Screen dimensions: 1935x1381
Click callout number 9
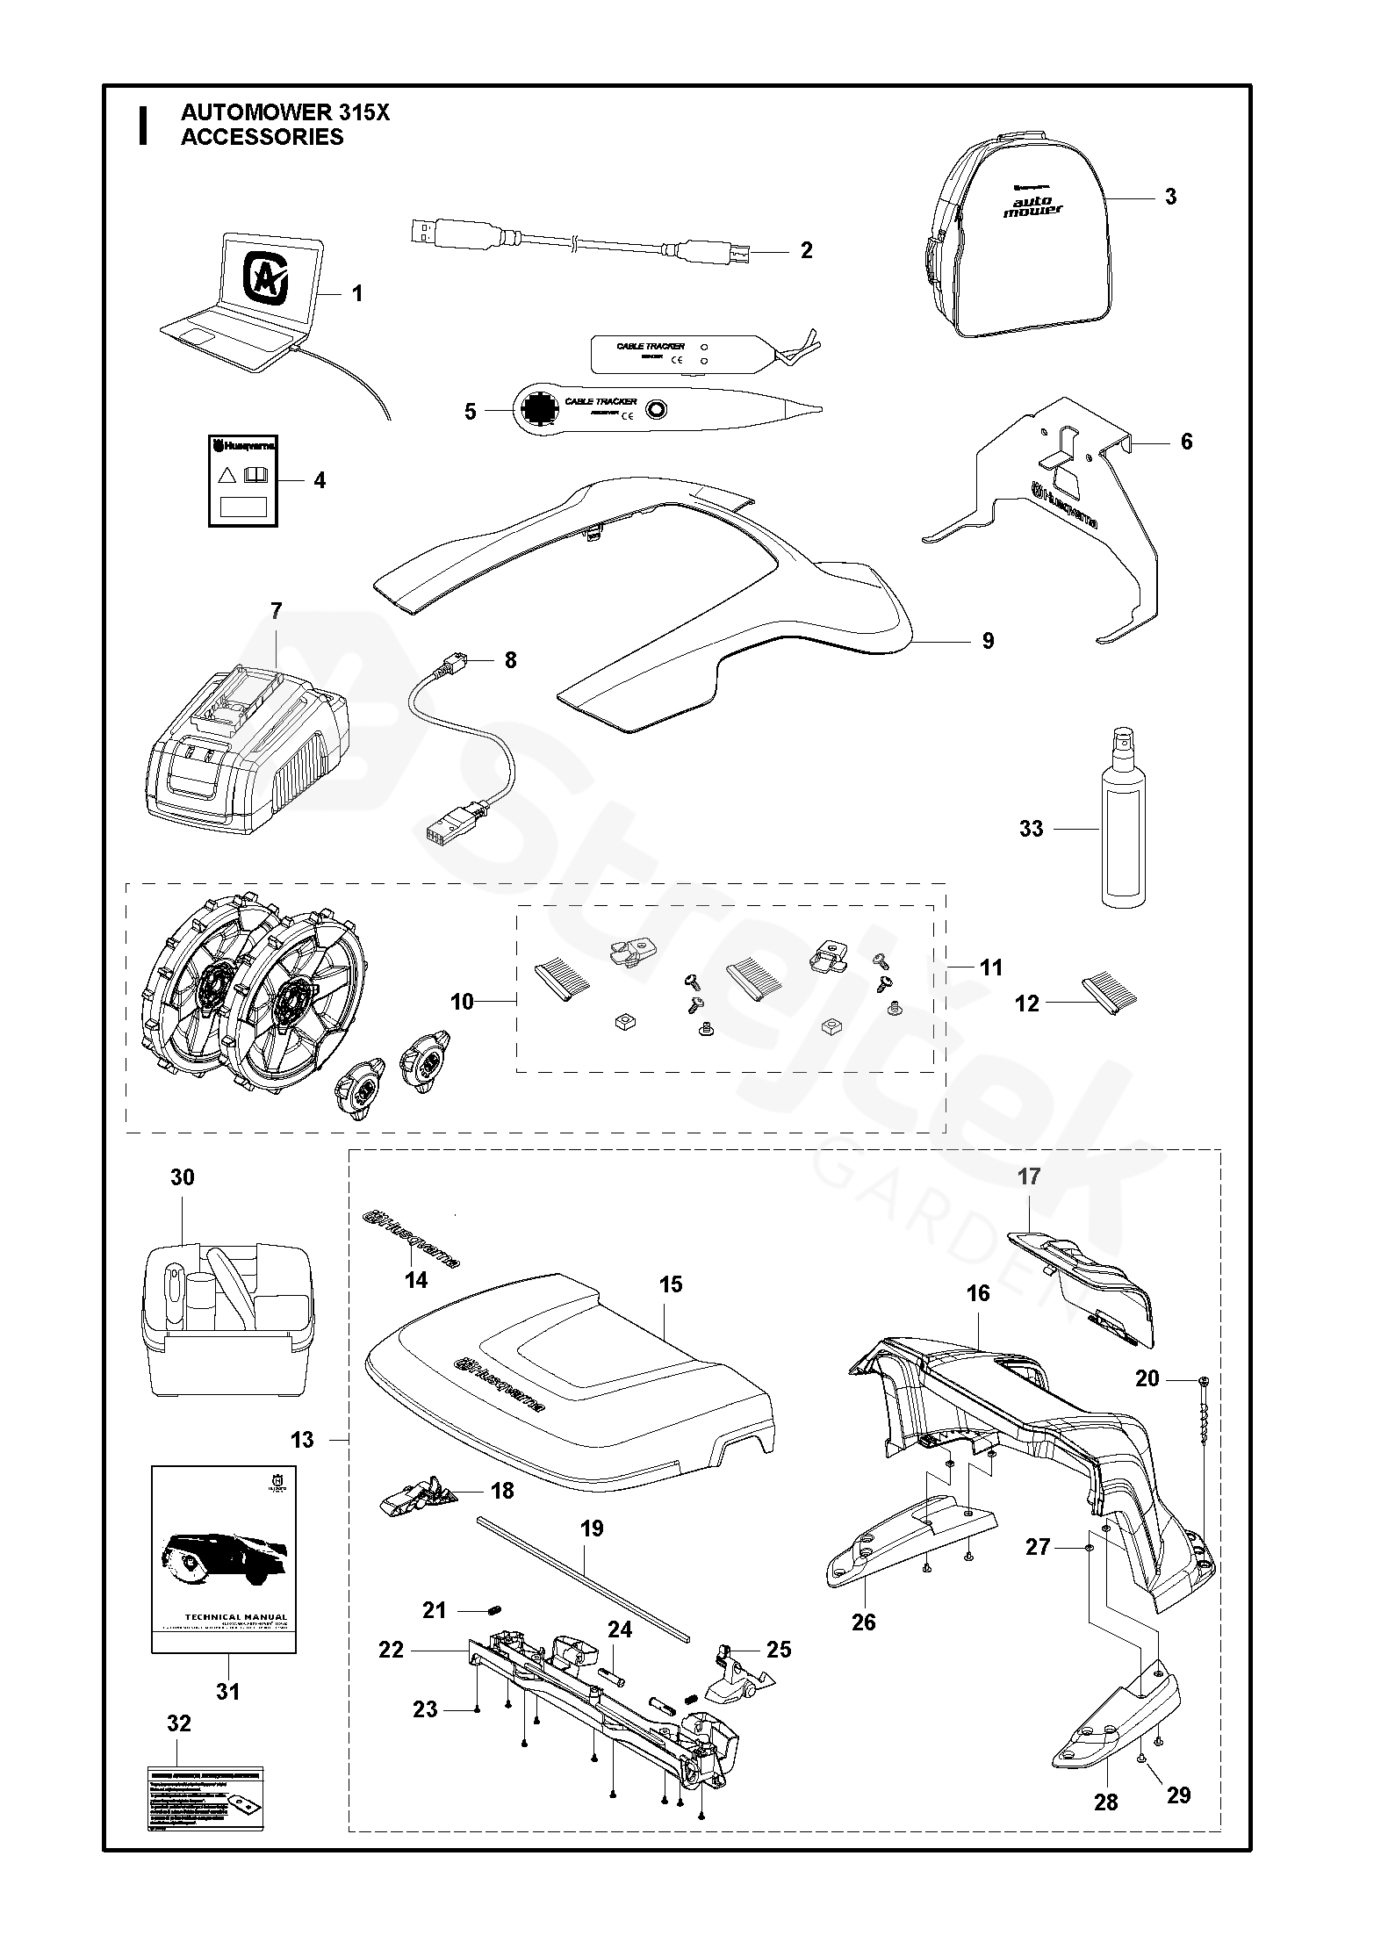pyautogui.click(x=988, y=641)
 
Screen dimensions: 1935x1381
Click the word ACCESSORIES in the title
pyautogui.click(x=262, y=137)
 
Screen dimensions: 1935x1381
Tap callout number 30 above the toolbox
pyautogui.click(x=182, y=1176)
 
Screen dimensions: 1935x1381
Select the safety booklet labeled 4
pyautogui.click(x=243, y=481)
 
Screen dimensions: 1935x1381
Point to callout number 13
pyautogui.click(x=301, y=1440)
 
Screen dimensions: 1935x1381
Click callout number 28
pyautogui.click(x=1106, y=1799)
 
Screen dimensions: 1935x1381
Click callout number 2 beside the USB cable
pyautogui.click(x=806, y=251)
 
